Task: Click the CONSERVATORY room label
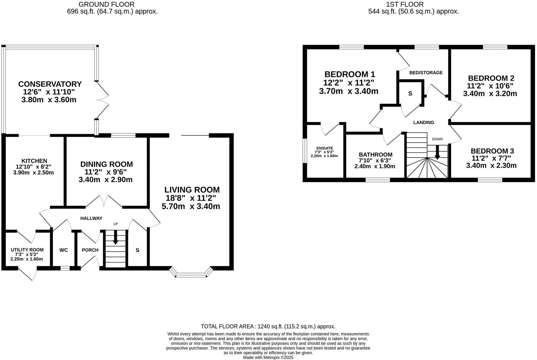50,84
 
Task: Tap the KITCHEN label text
34,161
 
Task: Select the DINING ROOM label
107,164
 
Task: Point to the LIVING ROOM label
192,190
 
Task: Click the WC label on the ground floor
64,250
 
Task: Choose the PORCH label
90,250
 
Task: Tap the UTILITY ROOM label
27,250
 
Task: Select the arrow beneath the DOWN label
437,152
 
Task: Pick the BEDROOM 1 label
349,74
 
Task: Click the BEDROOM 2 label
491,78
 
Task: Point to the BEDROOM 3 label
492,151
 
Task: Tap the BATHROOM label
375,154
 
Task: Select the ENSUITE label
324,148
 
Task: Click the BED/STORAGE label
426,73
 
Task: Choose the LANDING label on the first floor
424,123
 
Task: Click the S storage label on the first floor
410,93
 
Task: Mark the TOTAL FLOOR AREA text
268,326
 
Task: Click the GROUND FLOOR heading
107,4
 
